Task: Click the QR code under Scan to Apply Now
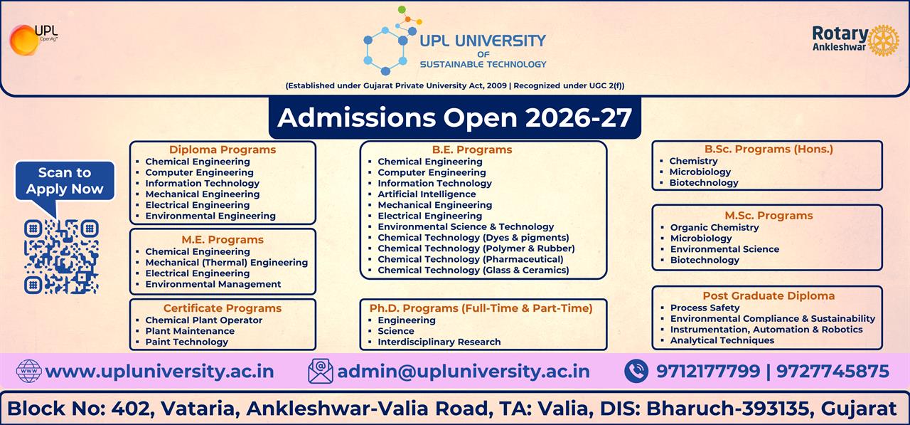pos(61,257)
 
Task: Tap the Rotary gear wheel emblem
pos(884,41)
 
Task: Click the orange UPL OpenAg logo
pos(24,39)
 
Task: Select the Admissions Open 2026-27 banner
pos(454,117)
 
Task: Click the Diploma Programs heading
pos(222,149)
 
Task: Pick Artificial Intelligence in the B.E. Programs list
pos(427,194)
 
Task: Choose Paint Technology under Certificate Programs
pos(186,342)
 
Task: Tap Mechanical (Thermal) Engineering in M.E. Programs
pos(226,262)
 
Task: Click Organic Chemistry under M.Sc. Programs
pos(714,227)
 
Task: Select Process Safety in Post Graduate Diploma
pos(705,308)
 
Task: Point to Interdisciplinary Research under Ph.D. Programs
pos(439,342)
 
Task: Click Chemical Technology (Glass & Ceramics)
pos(473,270)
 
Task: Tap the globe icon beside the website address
pos(29,371)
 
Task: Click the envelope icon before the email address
pos(321,371)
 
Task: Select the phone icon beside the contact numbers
pos(636,371)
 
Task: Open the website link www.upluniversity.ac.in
pos(159,372)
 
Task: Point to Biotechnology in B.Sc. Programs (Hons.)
pos(703,182)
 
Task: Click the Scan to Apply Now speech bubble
pos(65,181)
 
